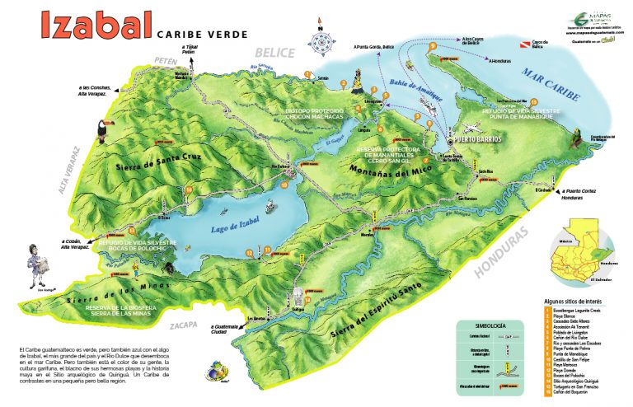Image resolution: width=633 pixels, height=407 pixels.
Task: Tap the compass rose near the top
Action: [319, 38]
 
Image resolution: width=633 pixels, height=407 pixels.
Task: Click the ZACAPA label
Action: [185, 325]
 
